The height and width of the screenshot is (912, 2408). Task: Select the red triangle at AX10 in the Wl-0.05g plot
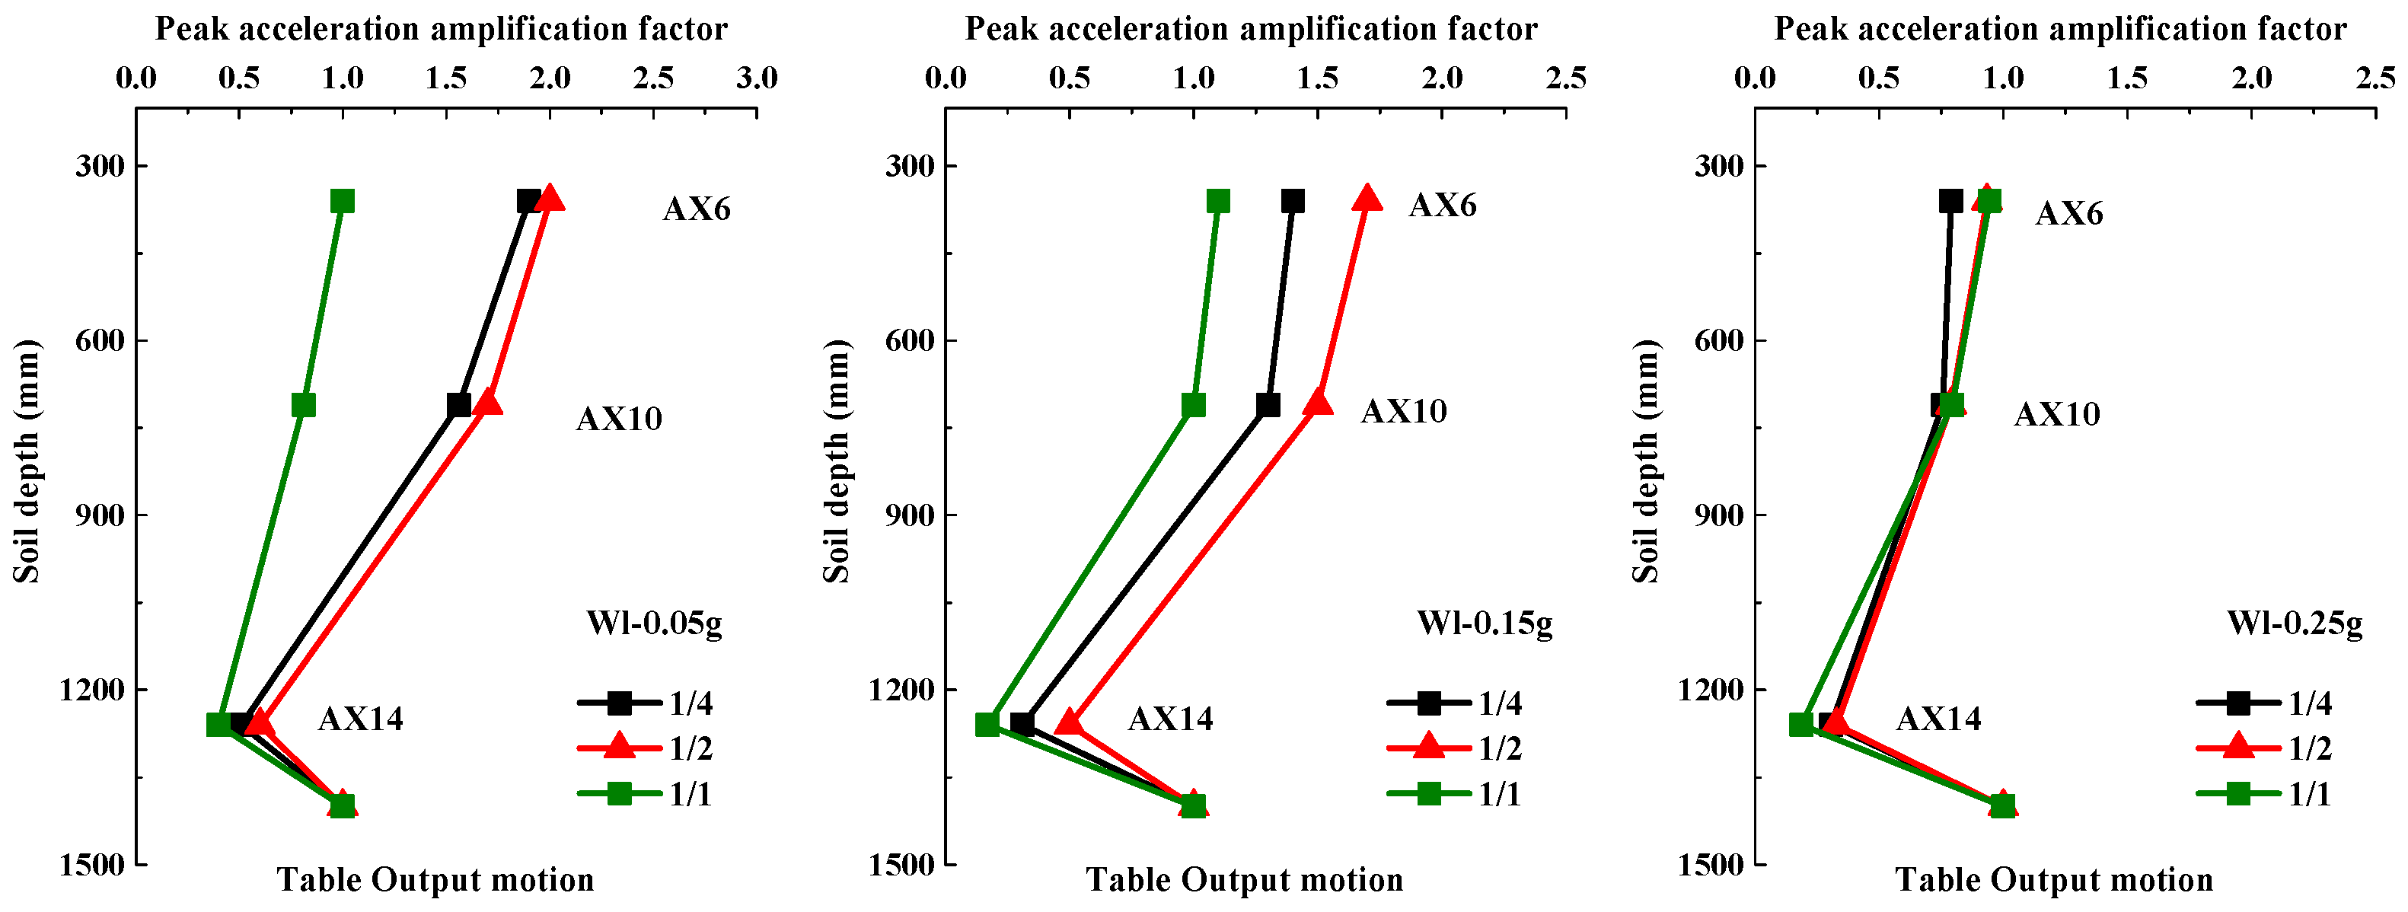coord(487,403)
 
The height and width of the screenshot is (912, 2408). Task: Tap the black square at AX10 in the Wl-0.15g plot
coord(1268,404)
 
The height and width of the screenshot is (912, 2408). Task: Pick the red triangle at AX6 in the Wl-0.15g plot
coord(1367,199)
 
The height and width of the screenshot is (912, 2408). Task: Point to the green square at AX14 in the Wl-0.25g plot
coord(1801,724)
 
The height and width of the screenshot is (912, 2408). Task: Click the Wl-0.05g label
coord(655,622)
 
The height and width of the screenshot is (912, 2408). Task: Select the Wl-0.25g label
coord(2295,622)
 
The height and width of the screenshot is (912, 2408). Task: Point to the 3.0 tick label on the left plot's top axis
coord(756,78)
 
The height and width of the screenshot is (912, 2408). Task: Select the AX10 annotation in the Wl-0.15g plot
coord(1403,411)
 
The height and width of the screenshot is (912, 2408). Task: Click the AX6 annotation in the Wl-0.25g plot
coord(2068,214)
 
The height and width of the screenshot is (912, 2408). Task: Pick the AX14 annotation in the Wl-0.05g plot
coord(360,719)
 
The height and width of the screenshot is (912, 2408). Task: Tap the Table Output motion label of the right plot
coord(2054,879)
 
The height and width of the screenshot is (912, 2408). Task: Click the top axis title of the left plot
coord(442,29)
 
